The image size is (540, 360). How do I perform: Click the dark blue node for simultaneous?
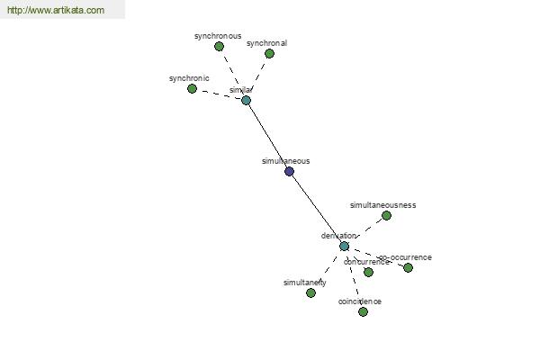289,171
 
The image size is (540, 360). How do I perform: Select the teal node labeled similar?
246,100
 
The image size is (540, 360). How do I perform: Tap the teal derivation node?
344,246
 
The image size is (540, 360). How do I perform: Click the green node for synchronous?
219,46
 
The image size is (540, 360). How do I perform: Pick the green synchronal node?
269,53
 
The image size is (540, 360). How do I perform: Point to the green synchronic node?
192,88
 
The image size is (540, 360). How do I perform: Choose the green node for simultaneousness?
386,215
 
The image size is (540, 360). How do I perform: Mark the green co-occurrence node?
408,267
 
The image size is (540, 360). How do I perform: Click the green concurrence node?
368,272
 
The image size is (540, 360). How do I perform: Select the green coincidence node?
363,311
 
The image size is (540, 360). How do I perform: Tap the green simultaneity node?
310,292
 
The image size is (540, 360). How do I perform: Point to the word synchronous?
218,36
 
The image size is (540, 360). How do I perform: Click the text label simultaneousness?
382,204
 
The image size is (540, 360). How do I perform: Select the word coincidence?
360,301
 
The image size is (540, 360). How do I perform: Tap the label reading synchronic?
189,78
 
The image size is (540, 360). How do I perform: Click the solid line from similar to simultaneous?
267,135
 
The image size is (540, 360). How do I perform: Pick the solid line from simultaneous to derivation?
316,208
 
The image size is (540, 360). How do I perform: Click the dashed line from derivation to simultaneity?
328,269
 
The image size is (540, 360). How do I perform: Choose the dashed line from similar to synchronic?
219,94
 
